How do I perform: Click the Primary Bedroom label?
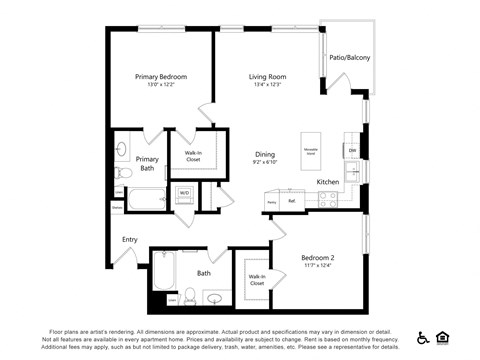tap(161, 76)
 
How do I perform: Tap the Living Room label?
tap(267, 76)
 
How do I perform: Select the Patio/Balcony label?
tap(349, 58)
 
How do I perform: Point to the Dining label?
tap(264, 154)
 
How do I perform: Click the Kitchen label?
tap(328, 182)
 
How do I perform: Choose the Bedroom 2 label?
tap(317, 257)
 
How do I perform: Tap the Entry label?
tap(130, 239)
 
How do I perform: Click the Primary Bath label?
tap(147, 164)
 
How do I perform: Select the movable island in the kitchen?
tap(311, 151)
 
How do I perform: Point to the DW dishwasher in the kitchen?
tap(352, 151)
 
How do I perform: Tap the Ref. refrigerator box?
tap(292, 201)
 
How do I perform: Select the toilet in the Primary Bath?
tap(122, 172)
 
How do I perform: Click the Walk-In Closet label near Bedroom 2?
tap(257, 279)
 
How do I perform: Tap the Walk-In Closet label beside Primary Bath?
tap(192, 155)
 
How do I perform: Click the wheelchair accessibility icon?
tap(423, 338)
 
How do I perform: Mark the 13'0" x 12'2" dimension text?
tap(161, 85)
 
